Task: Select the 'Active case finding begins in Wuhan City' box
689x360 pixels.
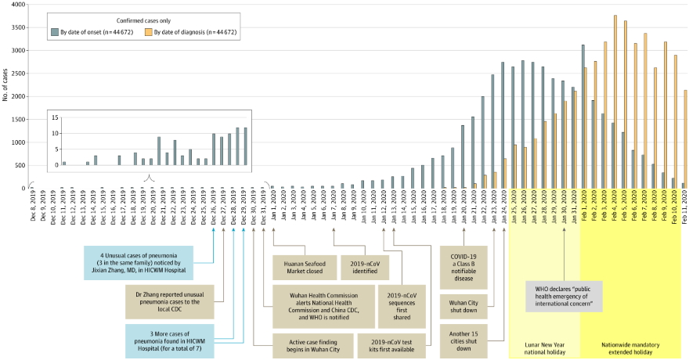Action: tap(308, 346)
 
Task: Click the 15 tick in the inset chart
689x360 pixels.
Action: tap(56, 117)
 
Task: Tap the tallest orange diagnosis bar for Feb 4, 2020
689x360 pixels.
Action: tap(615, 102)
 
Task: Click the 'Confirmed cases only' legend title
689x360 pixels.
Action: tap(143, 20)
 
